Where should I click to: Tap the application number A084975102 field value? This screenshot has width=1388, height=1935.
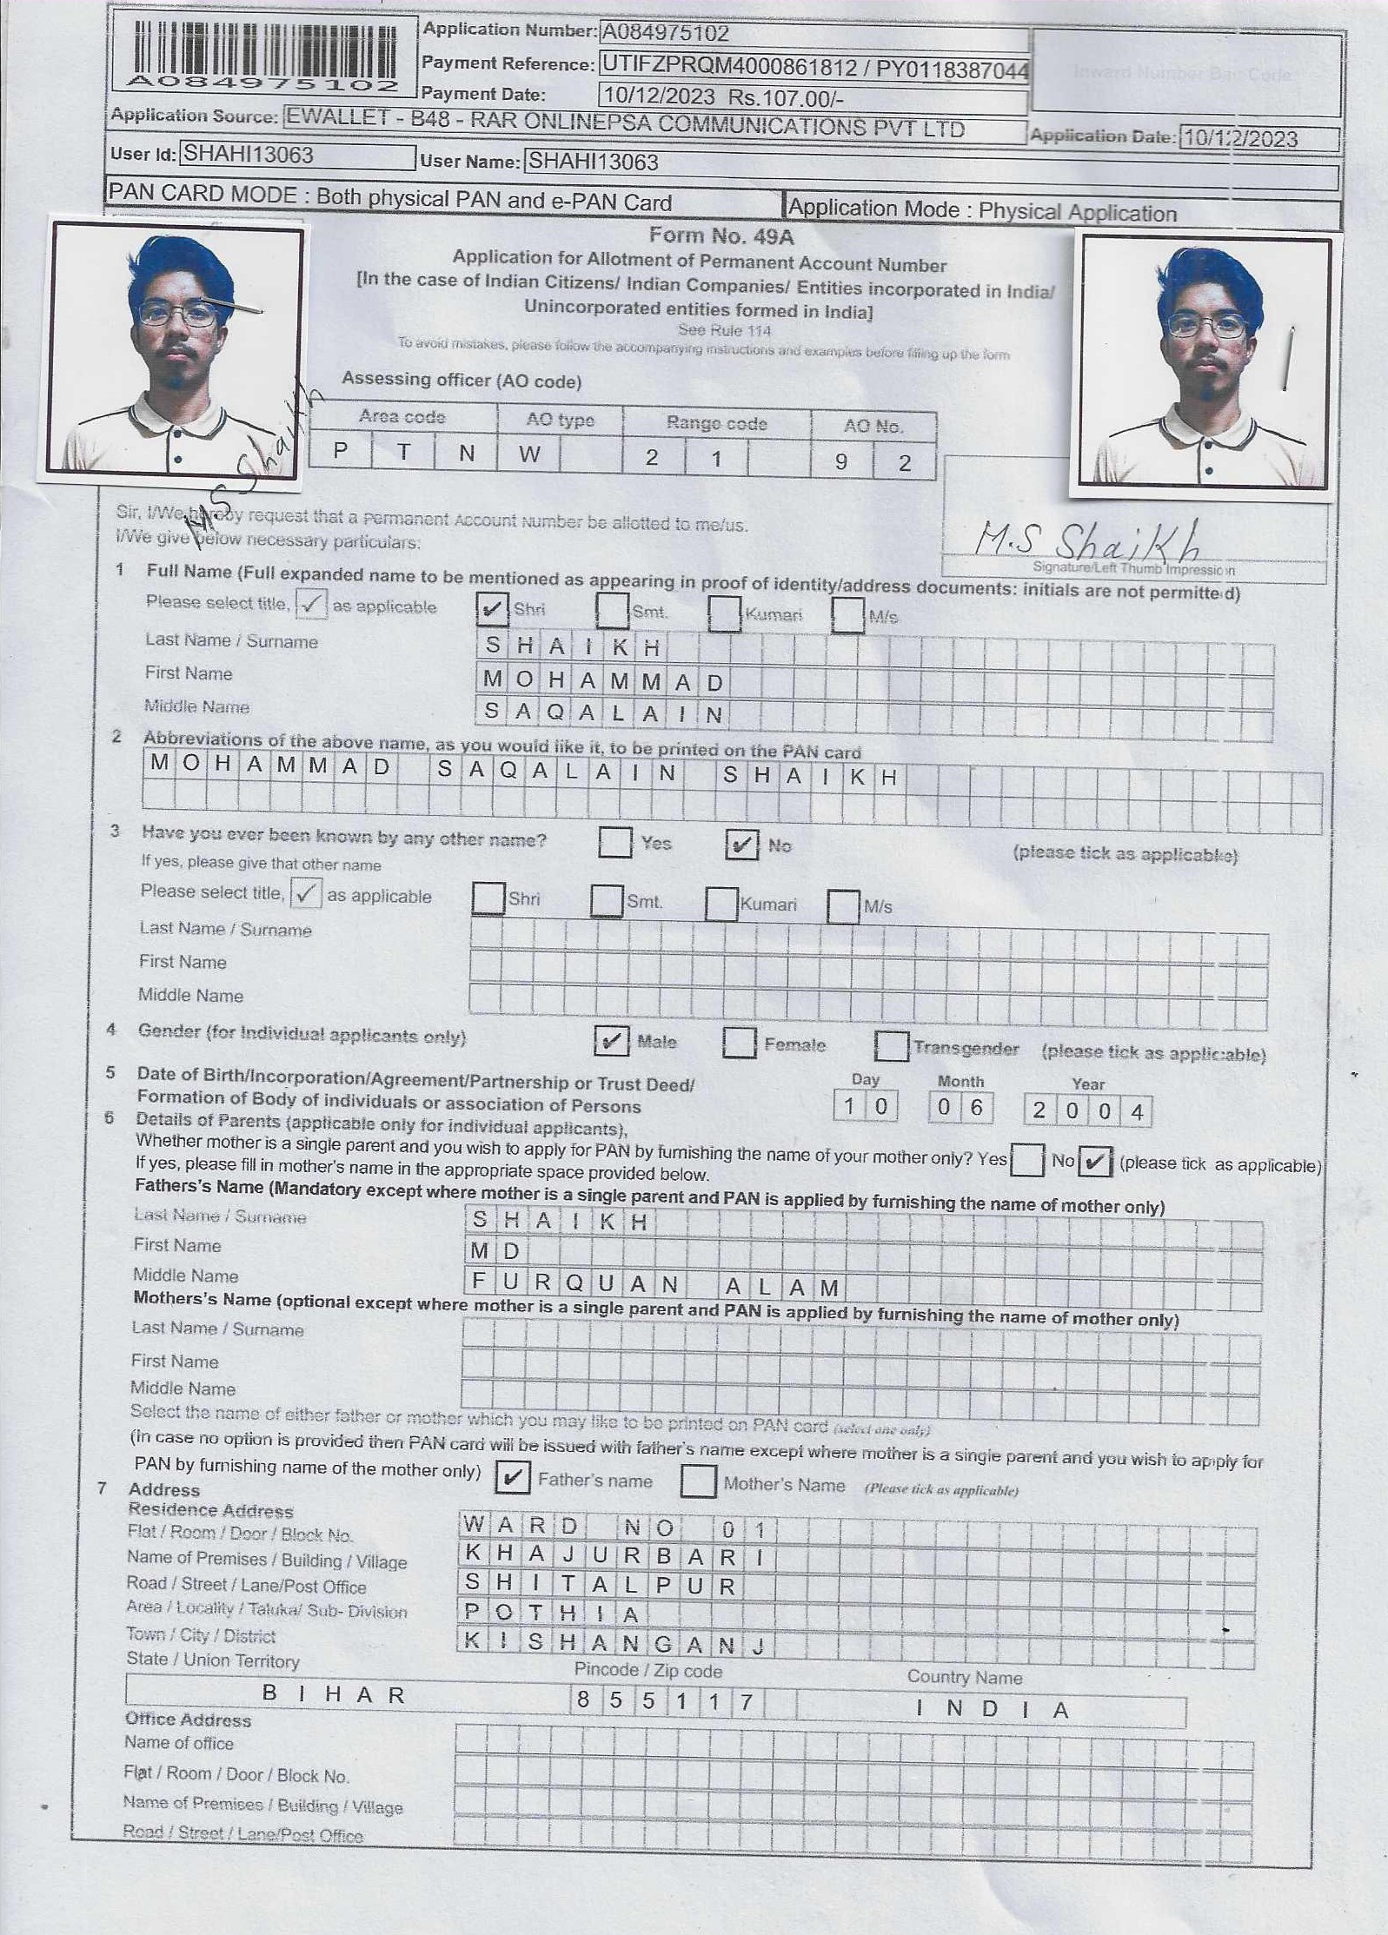point(666,34)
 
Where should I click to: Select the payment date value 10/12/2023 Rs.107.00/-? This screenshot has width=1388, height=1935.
point(723,96)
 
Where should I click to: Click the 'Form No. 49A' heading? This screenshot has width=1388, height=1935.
point(721,236)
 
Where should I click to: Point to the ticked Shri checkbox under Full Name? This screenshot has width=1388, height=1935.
point(493,609)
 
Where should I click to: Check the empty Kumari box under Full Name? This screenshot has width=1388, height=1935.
point(724,613)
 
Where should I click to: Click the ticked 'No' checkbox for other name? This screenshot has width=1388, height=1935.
point(741,844)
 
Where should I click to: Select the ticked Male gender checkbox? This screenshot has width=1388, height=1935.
point(611,1040)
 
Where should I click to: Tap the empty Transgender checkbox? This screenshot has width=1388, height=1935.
point(892,1045)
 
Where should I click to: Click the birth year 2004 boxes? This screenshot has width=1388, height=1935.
point(1087,1110)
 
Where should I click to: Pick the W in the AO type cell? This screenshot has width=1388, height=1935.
point(529,454)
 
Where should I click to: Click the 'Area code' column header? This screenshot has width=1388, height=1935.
point(402,417)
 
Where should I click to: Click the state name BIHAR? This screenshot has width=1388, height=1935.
point(335,1693)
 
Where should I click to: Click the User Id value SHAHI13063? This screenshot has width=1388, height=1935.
point(248,155)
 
